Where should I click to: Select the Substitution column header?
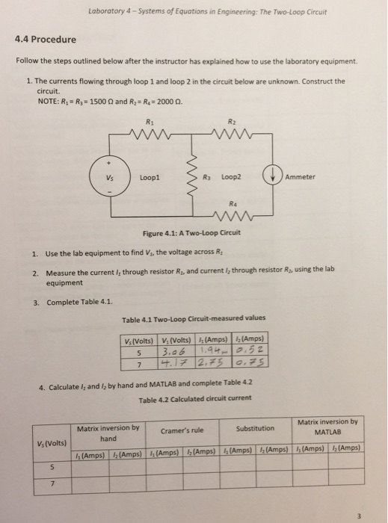[x=255, y=429]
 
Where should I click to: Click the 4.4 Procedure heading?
[x=46, y=39]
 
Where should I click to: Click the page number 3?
[x=360, y=513]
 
